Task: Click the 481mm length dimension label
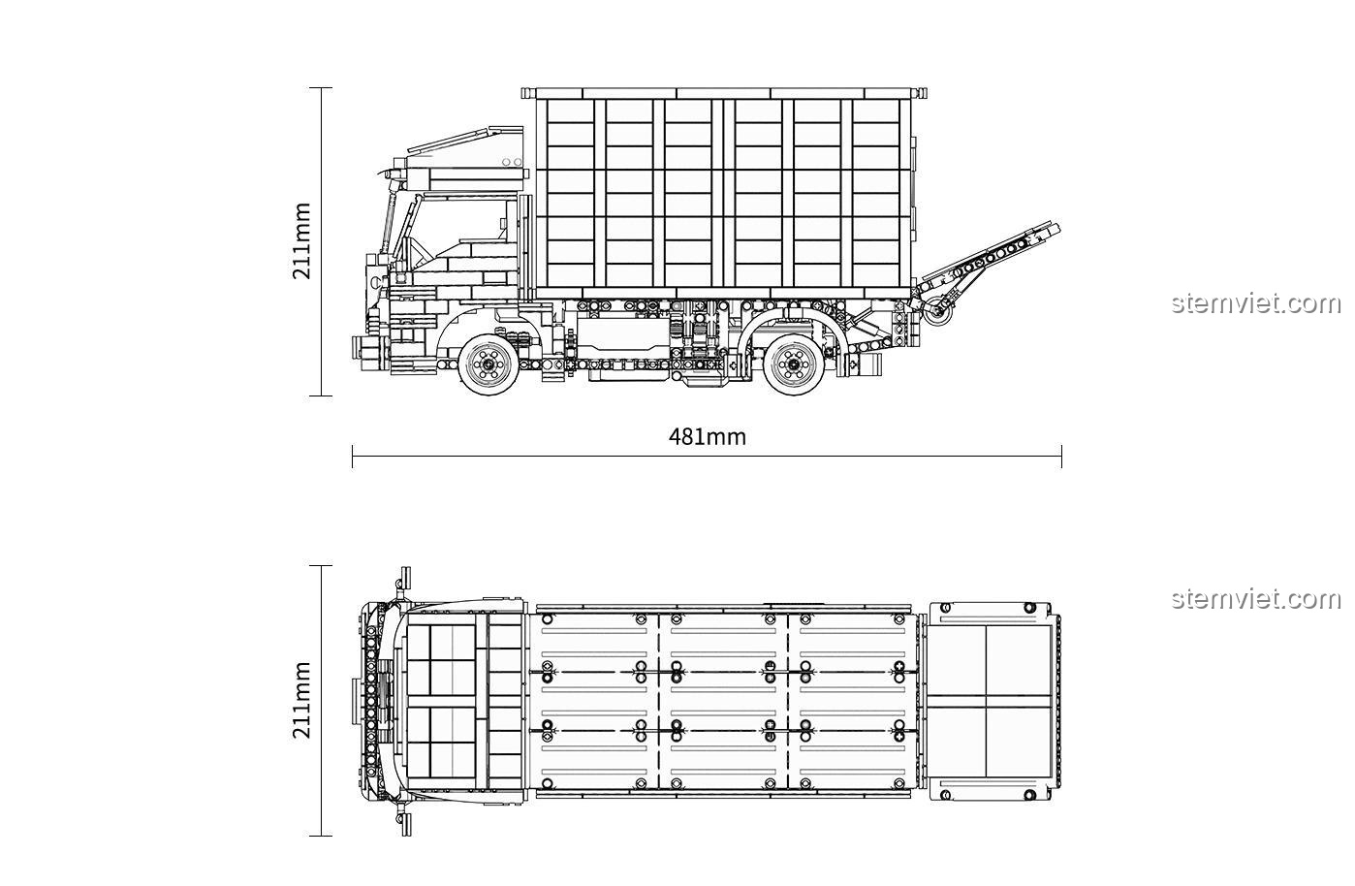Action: coord(708,436)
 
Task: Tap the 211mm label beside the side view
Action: coord(301,240)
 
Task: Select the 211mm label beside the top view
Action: coord(301,700)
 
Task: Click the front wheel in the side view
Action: coord(488,364)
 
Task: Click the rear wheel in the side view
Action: coord(794,364)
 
